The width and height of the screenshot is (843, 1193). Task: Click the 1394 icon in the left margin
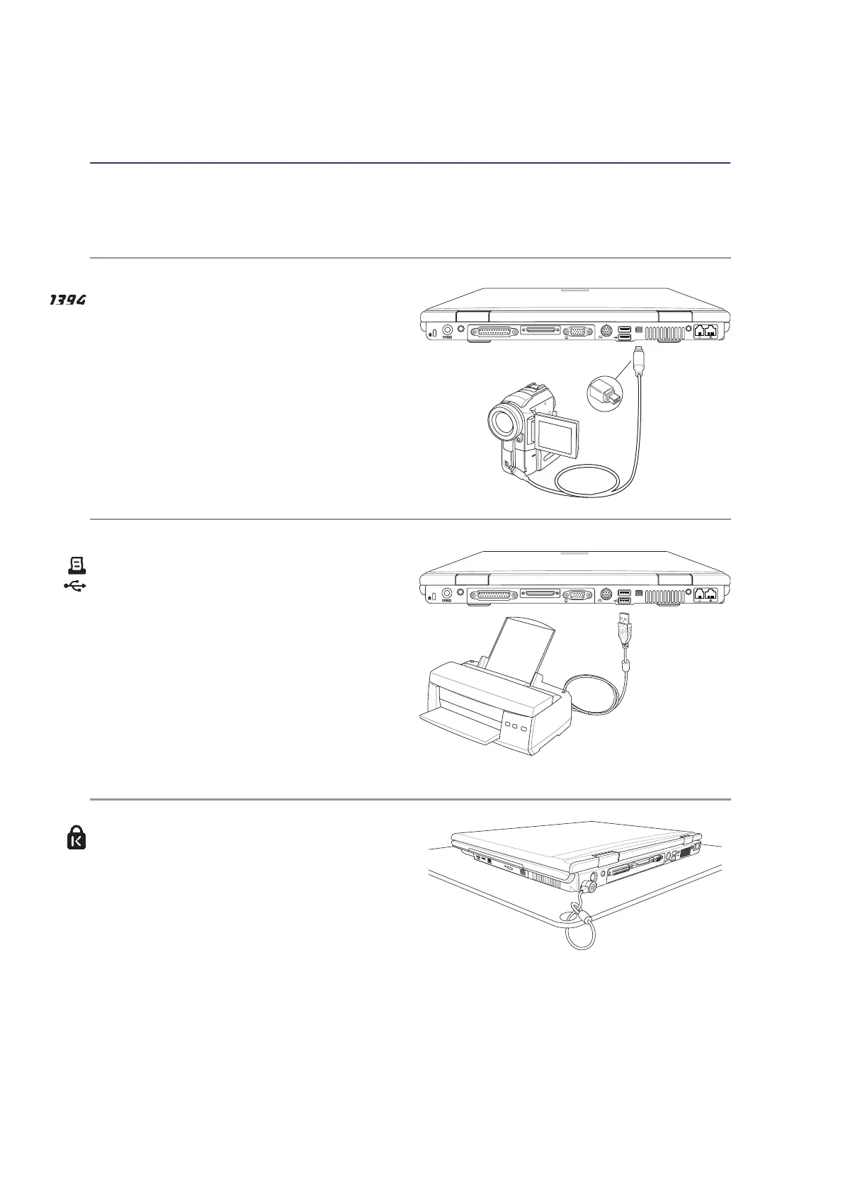pyautogui.click(x=67, y=300)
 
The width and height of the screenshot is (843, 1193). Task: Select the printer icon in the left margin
pyautogui.click(x=77, y=565)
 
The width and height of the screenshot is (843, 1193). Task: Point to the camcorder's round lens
pyautogui.click(x=505, y=422)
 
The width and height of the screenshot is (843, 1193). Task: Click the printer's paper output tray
pyautogui.click(x=453, y=725)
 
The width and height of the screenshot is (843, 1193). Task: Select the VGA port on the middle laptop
pyautogui.click(x=578, y=595)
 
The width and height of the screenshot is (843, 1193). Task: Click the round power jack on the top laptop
pyautogui.click(x=447, y=330)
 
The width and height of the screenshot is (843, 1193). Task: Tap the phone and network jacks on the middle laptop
pyautogui.click(x=706, y=595)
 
